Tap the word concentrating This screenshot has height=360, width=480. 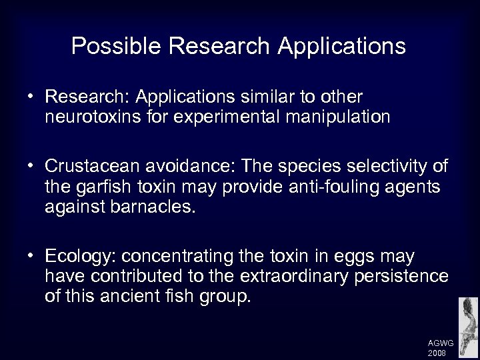pyautogui.click(x=169, y=257)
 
